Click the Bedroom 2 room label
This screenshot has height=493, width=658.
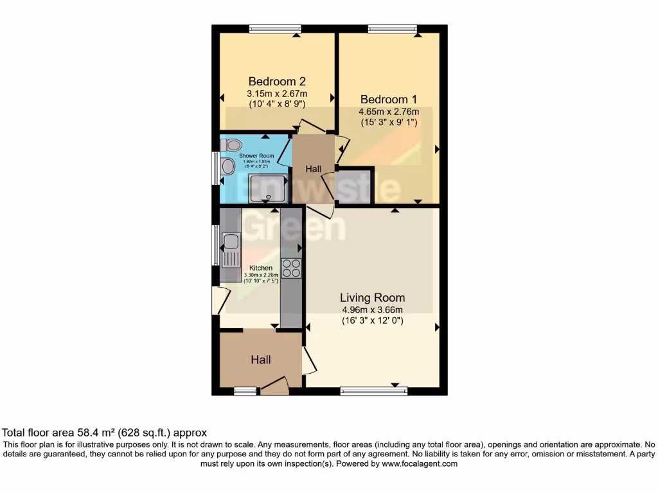pyautogui.click(x=276, y=82)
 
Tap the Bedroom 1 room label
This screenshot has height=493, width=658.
pyautogui.click(x=388, y=99)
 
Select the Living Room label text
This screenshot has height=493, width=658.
pyautogui.click(x=372, y=297)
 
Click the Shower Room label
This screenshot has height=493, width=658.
pyautogui.click(x=256, y=156)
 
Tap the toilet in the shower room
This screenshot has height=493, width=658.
pyautogui.click(x=231, y=145)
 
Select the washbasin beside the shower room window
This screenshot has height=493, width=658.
pyautogui.click(x=227, y=167)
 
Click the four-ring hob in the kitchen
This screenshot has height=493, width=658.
pyautogui.click(x=291, y=268)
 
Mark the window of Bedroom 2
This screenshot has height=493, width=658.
pyautogui.click(x=275, y=28)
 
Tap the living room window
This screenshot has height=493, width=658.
pyautogui.click(x=373, y=391)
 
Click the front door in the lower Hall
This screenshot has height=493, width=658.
pyautogui.click(x=273, y=386)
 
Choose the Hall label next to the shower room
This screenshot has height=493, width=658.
pyautogui.click(x=314, y=169)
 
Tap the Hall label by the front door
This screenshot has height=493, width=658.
pyautogui.click(x=260, y=359)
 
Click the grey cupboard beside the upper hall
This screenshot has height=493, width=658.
pyautogui.click(x=355, y=186)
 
